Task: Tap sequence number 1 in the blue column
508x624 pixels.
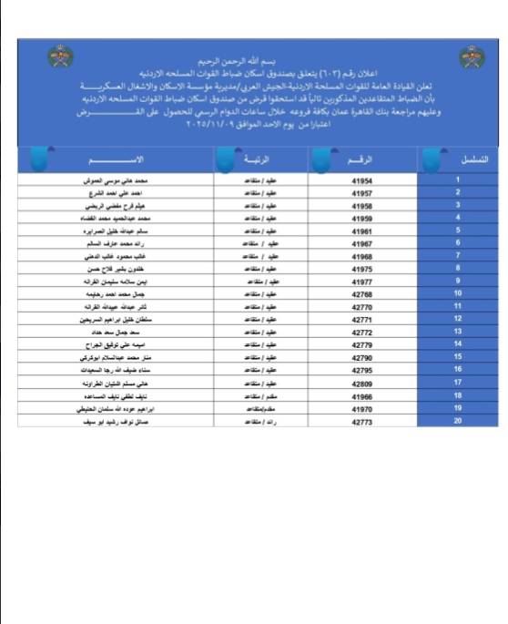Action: pyautogui.click(x=457, y=181)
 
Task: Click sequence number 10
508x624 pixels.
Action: pyautogui.click(x=457, y=294)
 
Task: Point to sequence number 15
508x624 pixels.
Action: pyautogui.click(x=457, y=357)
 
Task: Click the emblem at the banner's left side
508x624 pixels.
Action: pyautogui.click(x=60, y=58)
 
